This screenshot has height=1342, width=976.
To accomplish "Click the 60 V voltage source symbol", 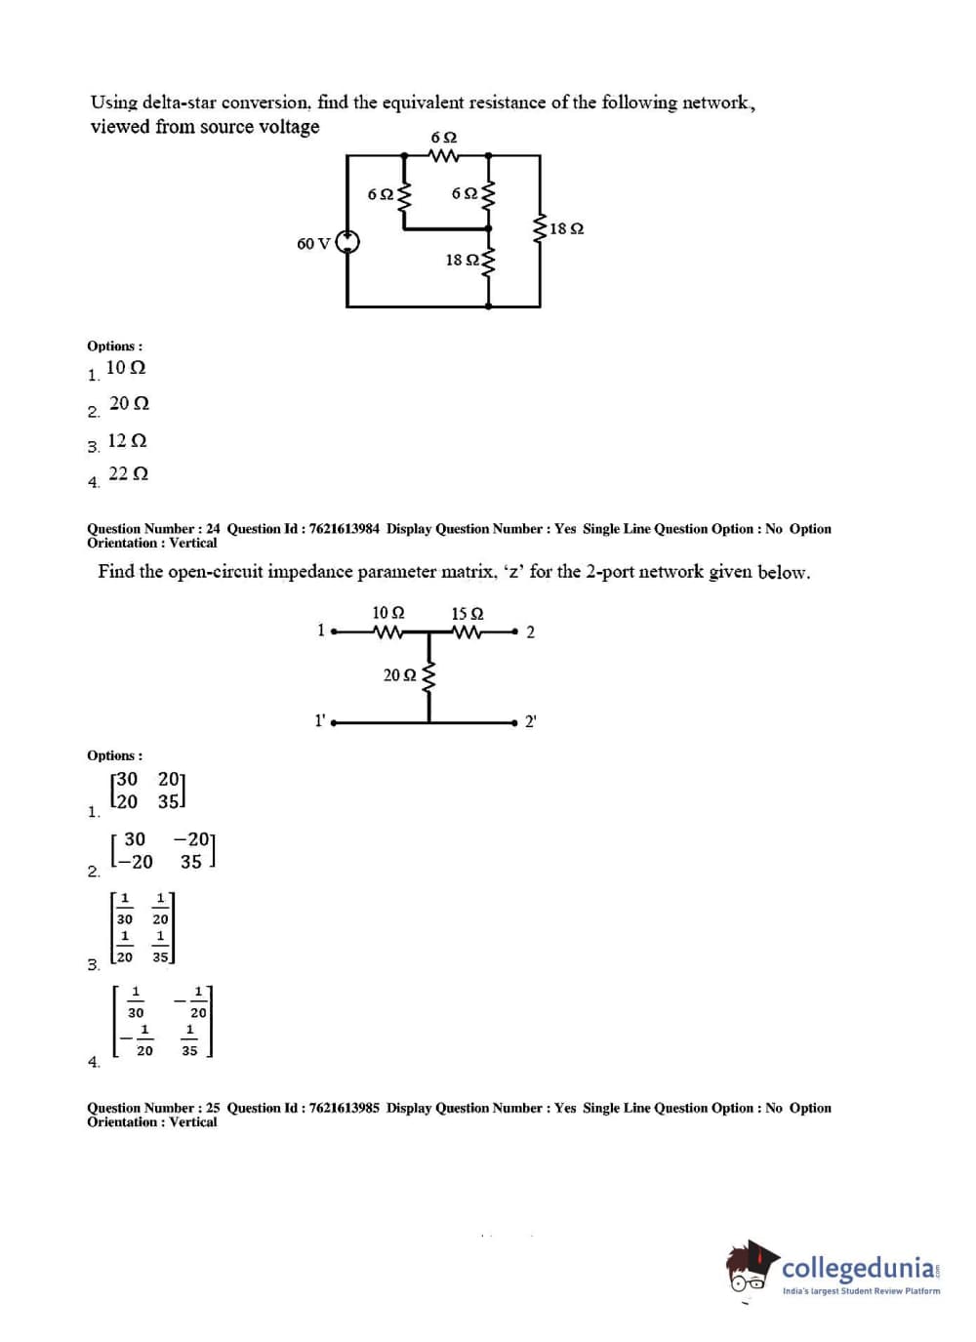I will [x=347, y=242].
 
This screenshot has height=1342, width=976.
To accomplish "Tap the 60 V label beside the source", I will [x=313, y=243].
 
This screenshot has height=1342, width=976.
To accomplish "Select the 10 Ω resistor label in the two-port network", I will [x=388, y=613].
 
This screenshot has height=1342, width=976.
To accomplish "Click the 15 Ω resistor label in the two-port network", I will [x=468, y=614].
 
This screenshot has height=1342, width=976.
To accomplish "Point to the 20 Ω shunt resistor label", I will [x=400, y=675].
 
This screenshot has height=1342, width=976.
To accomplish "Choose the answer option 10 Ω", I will [x=126, y=368].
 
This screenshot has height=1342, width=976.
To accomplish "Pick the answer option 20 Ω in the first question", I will [x=129, y=403].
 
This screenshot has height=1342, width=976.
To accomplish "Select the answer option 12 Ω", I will [x=127, y=440].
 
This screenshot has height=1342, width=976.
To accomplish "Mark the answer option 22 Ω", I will [x=128, y=473].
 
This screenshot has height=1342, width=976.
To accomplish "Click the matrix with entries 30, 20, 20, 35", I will [x=148, y=791].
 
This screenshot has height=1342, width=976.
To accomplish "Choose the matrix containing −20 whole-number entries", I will [x=163, y=850].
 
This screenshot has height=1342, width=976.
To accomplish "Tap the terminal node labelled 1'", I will [x=334, y=723].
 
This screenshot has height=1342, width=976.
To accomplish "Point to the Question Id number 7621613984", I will [x=345, y=529].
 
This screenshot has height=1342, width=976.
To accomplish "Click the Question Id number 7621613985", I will [x=345, y=1108].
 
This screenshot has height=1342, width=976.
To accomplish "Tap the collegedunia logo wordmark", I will [x=858, y=1268].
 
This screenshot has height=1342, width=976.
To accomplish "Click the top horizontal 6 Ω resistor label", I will [x=444, y=138].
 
